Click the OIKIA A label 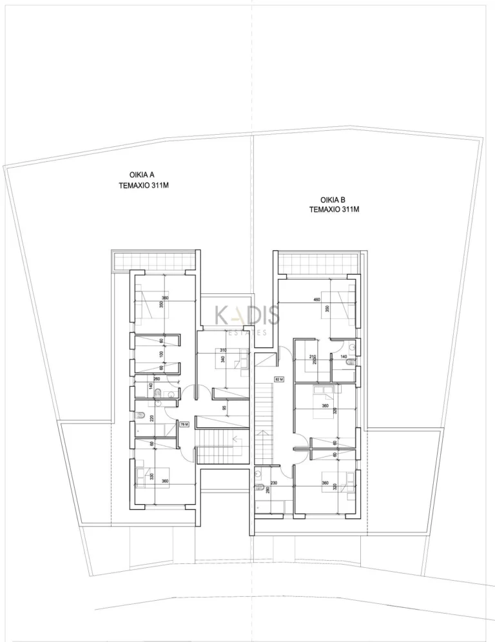click(142, 174)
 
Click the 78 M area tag click(184, 424)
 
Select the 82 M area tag click(279, 379)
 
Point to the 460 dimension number click(316, 300)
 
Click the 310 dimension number click(223, 350)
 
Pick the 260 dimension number click(157, 378)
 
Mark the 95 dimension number click(224, 408)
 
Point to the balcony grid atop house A click(153, 261)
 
